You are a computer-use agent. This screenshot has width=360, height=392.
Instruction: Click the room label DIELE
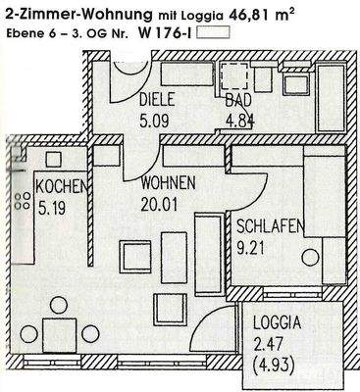156,100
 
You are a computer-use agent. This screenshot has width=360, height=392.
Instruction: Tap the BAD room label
237,100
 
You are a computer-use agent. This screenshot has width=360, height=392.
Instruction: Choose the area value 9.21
251,245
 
